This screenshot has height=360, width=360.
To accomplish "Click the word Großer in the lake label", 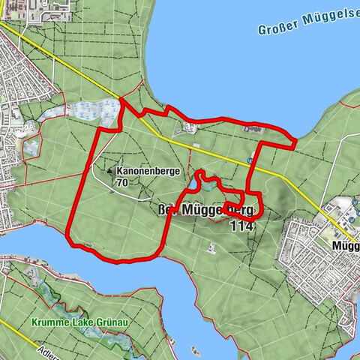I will click(279, 28).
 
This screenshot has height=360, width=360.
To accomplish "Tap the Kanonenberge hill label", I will click(147, 171).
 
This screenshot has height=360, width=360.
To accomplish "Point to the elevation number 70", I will click(123, 182).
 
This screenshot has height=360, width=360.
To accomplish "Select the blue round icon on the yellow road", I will click(249, 160).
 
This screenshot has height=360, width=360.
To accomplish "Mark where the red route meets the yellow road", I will click(121, 98).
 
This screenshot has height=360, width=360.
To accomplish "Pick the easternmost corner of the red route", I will click(295, 139).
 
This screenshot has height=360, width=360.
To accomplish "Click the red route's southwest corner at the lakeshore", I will click(70, 240).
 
